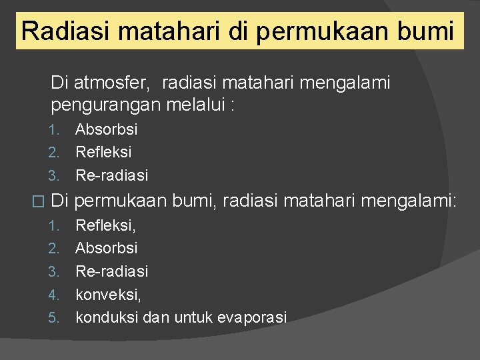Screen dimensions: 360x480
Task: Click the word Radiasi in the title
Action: coord(58,31)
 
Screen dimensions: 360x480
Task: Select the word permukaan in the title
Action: coord(323,31)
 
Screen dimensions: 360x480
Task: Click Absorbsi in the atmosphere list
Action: coord(106,129)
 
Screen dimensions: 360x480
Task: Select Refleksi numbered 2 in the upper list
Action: coord(103,152)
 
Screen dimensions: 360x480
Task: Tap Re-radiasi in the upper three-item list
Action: coord(111,175)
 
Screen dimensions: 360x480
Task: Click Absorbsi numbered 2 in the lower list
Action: coord(106,248)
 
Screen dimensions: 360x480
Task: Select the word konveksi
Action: coord(107,294)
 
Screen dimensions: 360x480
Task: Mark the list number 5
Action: coord(54,317)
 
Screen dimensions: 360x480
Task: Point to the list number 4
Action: coord(54,294)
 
